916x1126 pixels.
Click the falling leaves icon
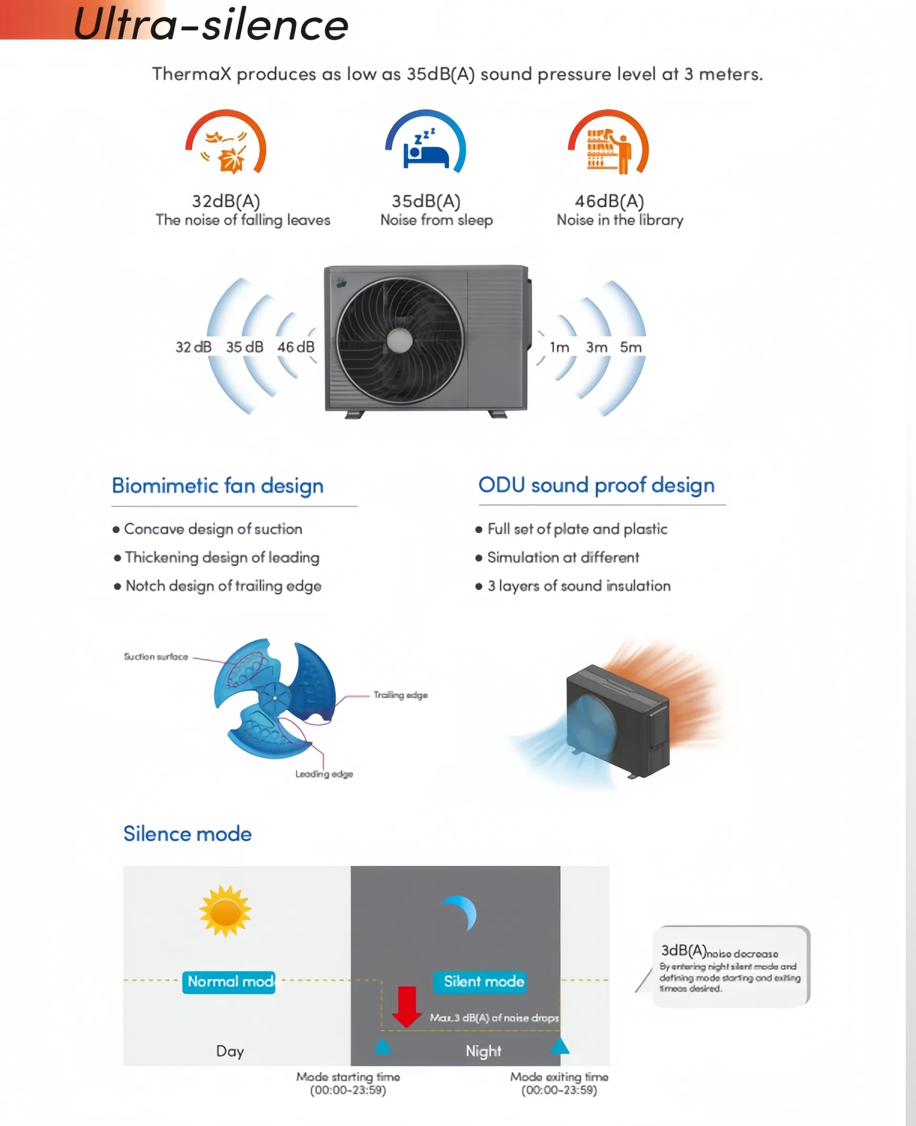coord(226,152)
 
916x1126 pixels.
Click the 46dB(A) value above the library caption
coord(609,201)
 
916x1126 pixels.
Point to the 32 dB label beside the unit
coord(193,347)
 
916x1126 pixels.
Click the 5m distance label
coord(631,347)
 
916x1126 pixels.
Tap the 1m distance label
coord(559,347)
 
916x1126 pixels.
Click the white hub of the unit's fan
coord(400,341)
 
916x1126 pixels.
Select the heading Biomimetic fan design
coord(217,485)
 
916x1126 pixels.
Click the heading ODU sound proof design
coord(596,485)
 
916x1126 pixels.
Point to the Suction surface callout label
coord(156,657)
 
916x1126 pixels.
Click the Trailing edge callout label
coord(400,695)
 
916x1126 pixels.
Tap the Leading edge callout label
coord(324,774)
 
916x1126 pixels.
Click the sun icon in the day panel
coord(225,911)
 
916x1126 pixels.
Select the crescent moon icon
coord(462,912)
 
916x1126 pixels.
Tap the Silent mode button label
coord(484,981)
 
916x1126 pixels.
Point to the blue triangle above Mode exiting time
coord(559,1045)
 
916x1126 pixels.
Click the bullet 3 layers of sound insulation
coord(579,586)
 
